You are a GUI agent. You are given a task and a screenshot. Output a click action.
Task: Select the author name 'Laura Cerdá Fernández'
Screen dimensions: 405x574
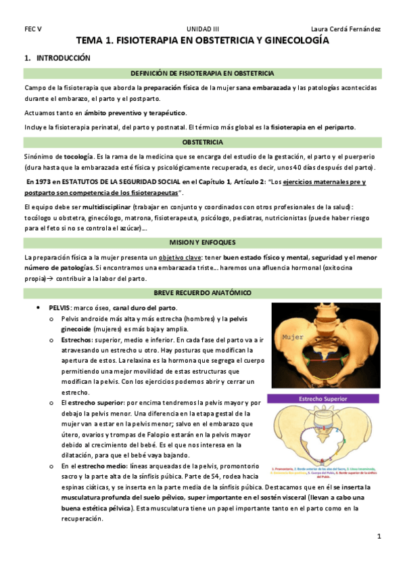point(345,29)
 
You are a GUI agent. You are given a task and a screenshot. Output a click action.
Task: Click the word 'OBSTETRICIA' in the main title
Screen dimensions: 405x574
point(222,41)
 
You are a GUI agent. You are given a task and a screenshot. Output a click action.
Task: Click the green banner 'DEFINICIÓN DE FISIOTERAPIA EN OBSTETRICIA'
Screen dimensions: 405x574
point(202,73)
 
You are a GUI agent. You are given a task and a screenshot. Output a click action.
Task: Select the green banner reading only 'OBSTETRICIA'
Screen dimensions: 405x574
point(202,143)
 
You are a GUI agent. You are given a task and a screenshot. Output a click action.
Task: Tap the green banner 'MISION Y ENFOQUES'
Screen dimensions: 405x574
point(202,242)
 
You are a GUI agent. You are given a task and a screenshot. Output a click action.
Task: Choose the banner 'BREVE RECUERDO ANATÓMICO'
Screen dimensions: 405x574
point(202,292)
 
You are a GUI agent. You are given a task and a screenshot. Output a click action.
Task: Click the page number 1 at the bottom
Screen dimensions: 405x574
point(379,536)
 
